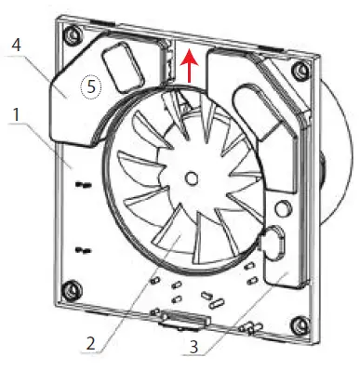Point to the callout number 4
click(x=16, y=44)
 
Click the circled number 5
click(x=90, y=86)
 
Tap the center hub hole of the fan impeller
click(x=191, y=176)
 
